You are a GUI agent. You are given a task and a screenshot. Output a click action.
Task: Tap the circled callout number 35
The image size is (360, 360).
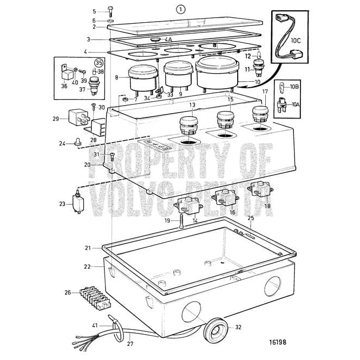99,62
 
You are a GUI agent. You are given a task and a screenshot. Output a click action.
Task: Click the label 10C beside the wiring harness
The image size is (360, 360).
296,40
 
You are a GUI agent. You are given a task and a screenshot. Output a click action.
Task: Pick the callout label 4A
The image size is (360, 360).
168,40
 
